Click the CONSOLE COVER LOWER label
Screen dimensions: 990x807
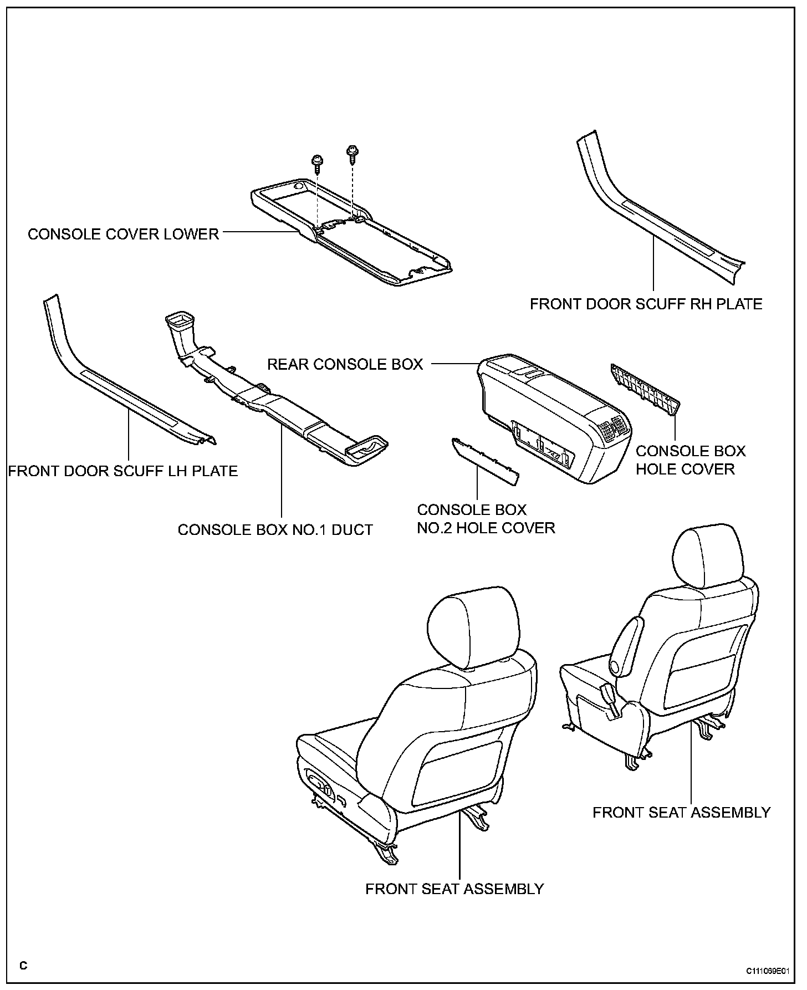click(123, 234)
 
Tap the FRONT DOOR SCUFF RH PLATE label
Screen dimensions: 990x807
click(646, 304)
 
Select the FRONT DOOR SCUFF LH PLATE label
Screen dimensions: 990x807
click(123, 471)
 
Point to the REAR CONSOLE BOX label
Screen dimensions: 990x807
click(345, 364)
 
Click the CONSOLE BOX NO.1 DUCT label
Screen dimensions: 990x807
click(275, 530)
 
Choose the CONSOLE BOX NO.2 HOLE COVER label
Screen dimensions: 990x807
click(486, 519)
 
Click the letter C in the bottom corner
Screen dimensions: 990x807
click(23, 966)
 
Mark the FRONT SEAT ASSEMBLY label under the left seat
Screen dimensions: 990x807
click(454, 889)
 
